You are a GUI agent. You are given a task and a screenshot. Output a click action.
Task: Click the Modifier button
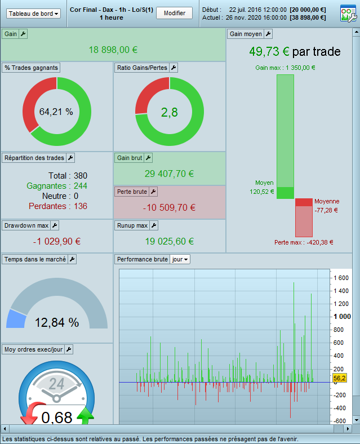[x=174, y=13]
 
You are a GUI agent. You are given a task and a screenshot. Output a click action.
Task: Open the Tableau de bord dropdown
[x=33, y=14]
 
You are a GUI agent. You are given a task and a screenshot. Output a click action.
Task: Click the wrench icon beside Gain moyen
[x=268, y=34]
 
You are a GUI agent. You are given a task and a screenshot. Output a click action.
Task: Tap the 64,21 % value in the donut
[x=56, y=112]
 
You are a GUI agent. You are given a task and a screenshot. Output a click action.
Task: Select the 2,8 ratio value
[x=170, y=113]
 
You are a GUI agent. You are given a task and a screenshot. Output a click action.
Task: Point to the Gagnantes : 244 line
[x=57, y=186]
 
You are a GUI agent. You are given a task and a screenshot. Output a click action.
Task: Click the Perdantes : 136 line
[x=58, y=206]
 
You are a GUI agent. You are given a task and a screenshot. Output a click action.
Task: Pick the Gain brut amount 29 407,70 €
[x=169, y=174]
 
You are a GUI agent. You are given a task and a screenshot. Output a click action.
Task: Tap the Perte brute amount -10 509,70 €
[x=169, y=207]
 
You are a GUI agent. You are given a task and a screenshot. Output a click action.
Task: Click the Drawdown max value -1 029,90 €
[x=57, y=241]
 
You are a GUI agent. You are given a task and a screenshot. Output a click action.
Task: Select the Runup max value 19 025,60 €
[x=170, y=241]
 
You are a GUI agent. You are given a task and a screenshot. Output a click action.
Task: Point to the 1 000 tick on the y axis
[x=342, y=317]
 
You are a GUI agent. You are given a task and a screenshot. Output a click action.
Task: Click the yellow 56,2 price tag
[x=339, y=378]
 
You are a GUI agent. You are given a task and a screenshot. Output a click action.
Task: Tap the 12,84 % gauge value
[x=57, y=322]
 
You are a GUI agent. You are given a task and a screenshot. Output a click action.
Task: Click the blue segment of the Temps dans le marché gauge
[x=16, y=319]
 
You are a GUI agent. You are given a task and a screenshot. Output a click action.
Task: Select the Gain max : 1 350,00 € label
[x=285, y=68]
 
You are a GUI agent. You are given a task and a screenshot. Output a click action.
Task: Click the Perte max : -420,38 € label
[x=304, y=242]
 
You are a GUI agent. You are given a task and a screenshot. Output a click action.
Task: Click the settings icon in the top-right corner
[x=348, y=14]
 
